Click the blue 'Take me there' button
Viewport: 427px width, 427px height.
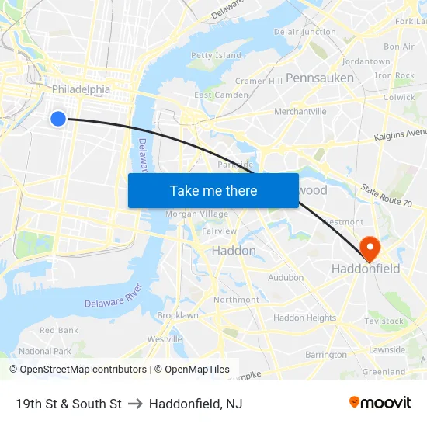click(x=213, y=190)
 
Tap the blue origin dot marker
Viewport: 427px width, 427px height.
click(x=58, y=118)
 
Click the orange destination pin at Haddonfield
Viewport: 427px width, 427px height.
click(x=370, y=248)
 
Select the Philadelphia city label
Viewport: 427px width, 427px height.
click(x=81, y=89)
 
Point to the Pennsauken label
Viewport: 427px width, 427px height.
click(x=320, y=78)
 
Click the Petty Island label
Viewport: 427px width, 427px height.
click(x=216, y=56)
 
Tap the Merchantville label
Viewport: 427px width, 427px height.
click(x=300, y=112)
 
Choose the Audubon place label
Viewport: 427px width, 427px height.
click(x=286, y=278)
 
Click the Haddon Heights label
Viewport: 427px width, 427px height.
click(x=305, y=318)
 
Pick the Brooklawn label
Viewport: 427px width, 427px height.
click(x=178, y=316)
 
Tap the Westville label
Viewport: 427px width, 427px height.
click(x=165, y=339)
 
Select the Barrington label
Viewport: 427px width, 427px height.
click(x=326, y=355)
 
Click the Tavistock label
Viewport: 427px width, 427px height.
click(x=384, y=321)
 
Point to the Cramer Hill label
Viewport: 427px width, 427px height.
click(x=259, y=81)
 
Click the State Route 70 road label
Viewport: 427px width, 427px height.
click(x=386, y=196)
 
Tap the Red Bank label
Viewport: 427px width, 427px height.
click(x=59, y=330)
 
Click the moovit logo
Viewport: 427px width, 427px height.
click(x=380, y=402)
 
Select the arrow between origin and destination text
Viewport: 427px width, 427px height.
click(x=135, y=404)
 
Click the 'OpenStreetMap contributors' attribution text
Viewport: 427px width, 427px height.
click(x=83, y=370)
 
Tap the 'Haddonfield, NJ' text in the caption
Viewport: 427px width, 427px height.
click(x=196, y=404)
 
